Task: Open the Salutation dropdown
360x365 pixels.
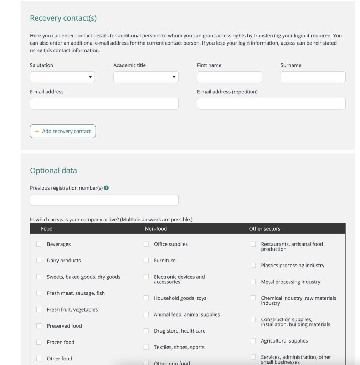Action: [x=62, y=77]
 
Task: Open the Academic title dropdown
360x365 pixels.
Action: [x=146, y=77]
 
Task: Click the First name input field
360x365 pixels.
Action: [x=229, y=77]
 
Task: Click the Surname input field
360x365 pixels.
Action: [x=313, y=77]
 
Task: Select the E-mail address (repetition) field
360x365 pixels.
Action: [x=271, y=104]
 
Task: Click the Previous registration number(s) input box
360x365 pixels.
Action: [x=104, y=200]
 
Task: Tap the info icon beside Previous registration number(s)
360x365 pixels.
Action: [x=106, y=188]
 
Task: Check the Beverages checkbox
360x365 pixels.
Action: [x=39, y=244]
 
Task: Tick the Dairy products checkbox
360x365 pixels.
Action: [x=39, y=261]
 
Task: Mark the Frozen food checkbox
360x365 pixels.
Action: [x=39, y=342]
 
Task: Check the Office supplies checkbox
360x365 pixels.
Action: [x=146, y=244]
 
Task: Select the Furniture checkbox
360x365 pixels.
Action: [x=146, y=261]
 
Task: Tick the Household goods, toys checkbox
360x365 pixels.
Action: [x=146, y=298]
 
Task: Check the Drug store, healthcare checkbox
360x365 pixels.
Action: [x=146, y=331]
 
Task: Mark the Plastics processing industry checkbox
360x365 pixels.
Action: [x=253, y=266]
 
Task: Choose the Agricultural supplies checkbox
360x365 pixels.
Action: [x=253, y=341]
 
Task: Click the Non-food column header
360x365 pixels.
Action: [x=156, y=229]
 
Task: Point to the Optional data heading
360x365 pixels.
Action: [x=53, y=170]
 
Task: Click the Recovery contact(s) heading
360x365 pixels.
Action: [x=63, y=18]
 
